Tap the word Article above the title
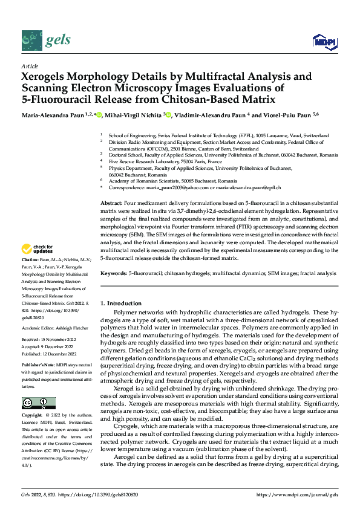tap(29, 66)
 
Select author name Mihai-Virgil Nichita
tap(135, 115)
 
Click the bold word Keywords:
tap(114, 274)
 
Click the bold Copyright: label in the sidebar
tap(32, 417)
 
